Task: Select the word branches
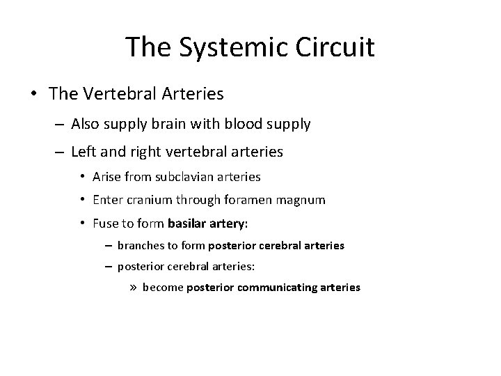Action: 139,245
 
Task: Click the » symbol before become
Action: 132,286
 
